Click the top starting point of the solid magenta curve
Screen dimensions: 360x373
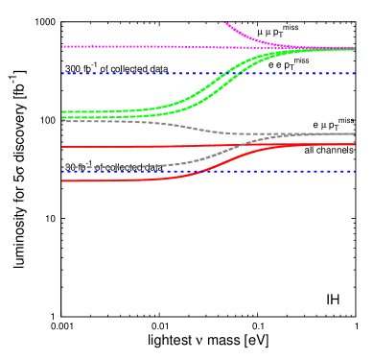coord(225,23)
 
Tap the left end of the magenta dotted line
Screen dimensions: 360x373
coord(62,46)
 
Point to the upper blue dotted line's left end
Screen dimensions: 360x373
coord(62,73)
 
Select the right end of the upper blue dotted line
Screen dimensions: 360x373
coord(354,73)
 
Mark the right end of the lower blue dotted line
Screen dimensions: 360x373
coord(354,172)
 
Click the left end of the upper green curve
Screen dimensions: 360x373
coord(62,111)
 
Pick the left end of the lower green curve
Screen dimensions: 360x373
coord(62,117)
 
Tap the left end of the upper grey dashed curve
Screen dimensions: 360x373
coord(62,121)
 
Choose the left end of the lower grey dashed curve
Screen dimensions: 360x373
coord(62,168)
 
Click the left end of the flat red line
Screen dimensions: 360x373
coord(62,147)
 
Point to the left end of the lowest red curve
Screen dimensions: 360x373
coord(62,180)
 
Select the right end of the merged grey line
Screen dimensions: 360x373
coord(354,133)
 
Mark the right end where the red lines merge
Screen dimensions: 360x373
coord(354,144)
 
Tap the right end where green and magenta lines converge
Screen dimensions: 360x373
coord(354,49)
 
